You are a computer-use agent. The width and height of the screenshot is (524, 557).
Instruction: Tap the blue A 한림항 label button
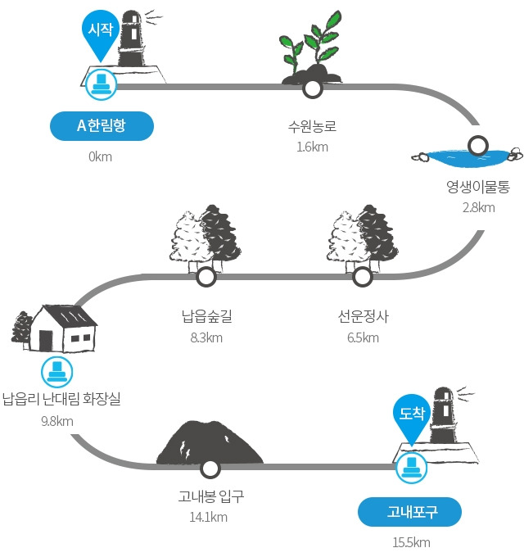point(102,126)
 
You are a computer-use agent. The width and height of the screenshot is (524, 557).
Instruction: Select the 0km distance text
point(100,156)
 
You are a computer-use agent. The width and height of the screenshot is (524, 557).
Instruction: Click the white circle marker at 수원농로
point(313,88)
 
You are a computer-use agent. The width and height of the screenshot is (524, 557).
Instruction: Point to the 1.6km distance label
point(313,147)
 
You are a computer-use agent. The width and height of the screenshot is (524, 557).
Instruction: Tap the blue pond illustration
point(468,158)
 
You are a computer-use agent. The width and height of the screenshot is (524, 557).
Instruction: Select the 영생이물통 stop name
point(478,187)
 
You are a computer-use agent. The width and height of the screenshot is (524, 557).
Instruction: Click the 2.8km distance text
point(478,207)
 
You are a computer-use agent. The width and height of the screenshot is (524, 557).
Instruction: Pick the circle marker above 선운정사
point(363,277)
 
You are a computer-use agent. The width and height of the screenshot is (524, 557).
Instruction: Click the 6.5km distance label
point(363,337)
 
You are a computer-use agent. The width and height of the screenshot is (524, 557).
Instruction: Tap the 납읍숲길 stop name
point(206,316)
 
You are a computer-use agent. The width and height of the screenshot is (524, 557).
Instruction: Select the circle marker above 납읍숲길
point(206,277)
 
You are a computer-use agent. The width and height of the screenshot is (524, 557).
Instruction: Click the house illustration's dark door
point(46,340)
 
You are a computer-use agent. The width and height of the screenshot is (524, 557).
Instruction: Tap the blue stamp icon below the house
point(56,372)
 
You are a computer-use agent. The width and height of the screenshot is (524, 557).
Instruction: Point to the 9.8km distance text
point(57,421)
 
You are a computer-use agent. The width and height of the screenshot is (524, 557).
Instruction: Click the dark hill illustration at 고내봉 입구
point(210,442)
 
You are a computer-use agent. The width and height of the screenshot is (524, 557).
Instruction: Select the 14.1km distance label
point(209,517)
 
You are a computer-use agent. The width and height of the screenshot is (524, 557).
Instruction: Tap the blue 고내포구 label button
point(409,512)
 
